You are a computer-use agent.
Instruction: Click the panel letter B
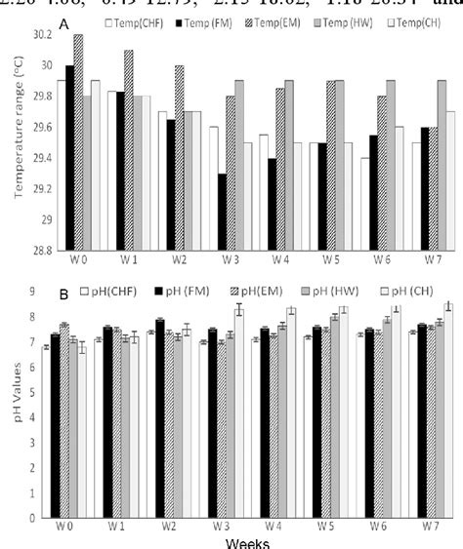64,292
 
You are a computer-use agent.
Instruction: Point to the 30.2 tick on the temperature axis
38,34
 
